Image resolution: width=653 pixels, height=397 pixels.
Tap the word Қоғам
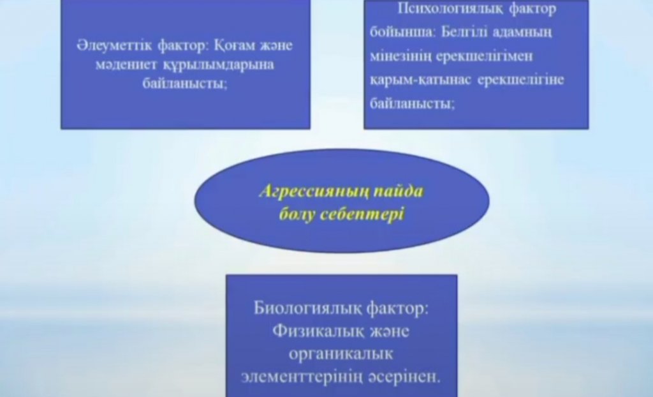tap(233, 45)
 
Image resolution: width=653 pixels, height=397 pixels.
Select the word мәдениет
tap(126, 64)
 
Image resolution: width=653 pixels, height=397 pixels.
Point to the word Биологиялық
tap(307, 309)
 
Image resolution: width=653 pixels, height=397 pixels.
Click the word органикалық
tap(341, 354)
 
